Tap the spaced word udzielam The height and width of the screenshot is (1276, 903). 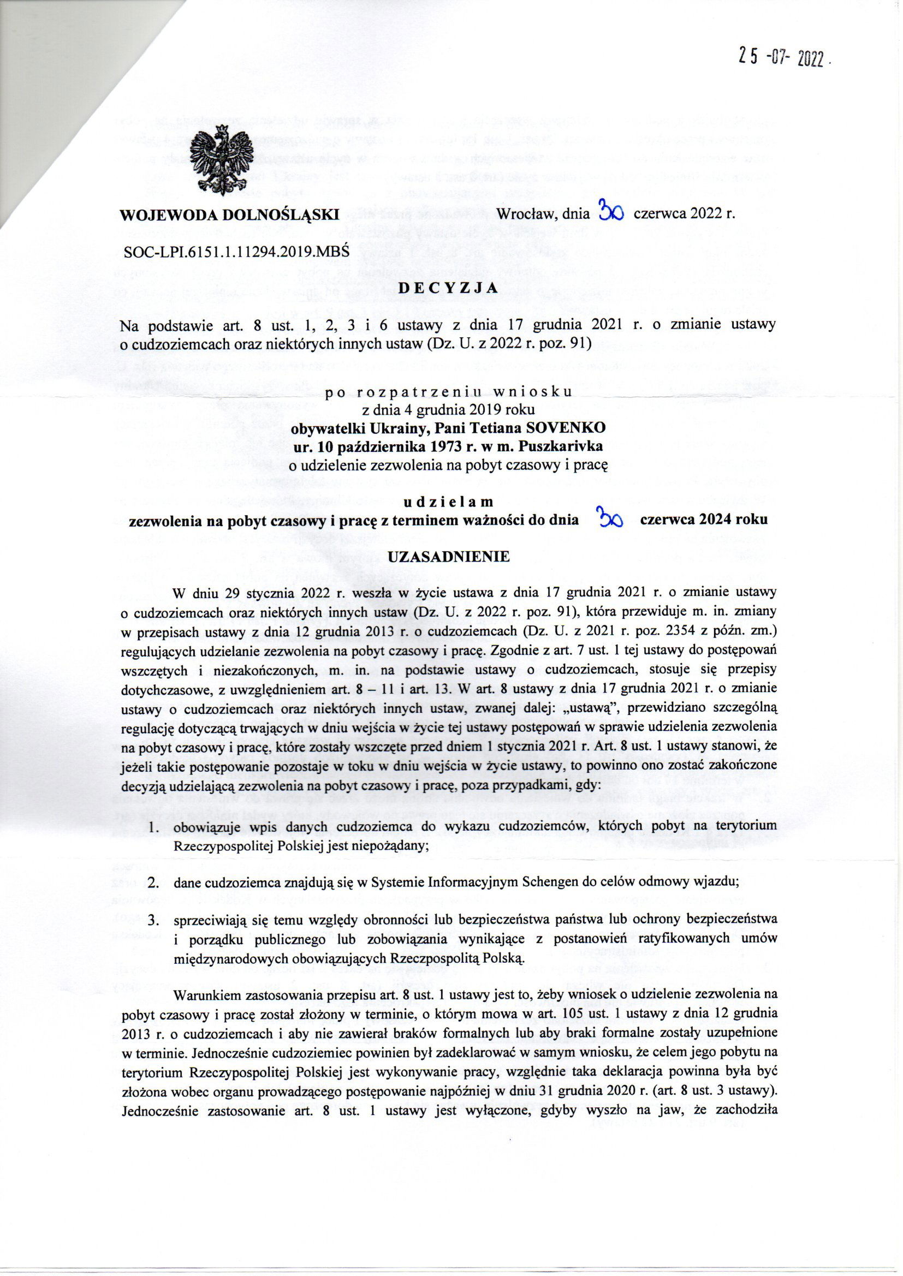[x=448, y=502]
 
